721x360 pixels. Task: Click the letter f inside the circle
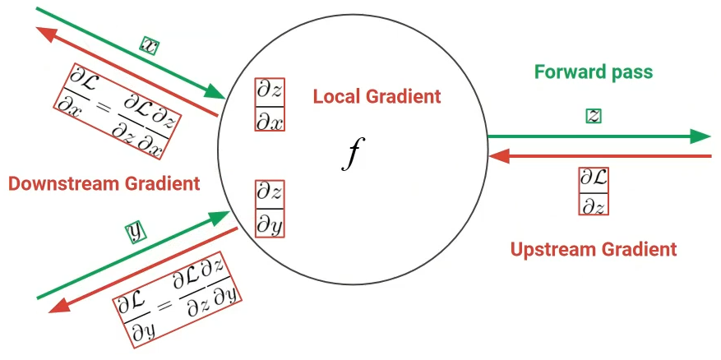pos(351,154)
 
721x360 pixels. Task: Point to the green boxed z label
pos(593,116)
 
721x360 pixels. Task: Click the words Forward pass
pos(594,72)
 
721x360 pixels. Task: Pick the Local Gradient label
pos(377,96)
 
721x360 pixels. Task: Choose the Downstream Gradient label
pos(104,183)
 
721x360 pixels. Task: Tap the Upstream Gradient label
pos(594,248)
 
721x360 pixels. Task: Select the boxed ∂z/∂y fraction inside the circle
pos(270,209)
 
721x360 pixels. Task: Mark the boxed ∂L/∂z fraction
pos(594,192)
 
